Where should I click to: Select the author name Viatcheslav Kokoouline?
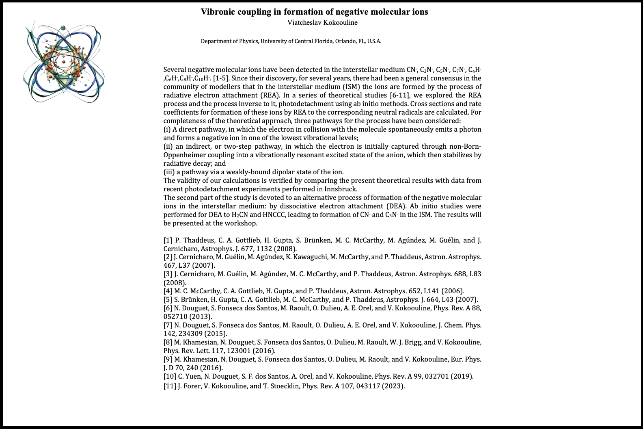point(322,23)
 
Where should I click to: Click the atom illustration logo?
point(64,63)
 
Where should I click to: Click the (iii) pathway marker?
point(168,172)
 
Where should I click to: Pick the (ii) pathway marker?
point(168,146)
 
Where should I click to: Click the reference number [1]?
point(168,240)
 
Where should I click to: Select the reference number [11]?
point(170,386)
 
